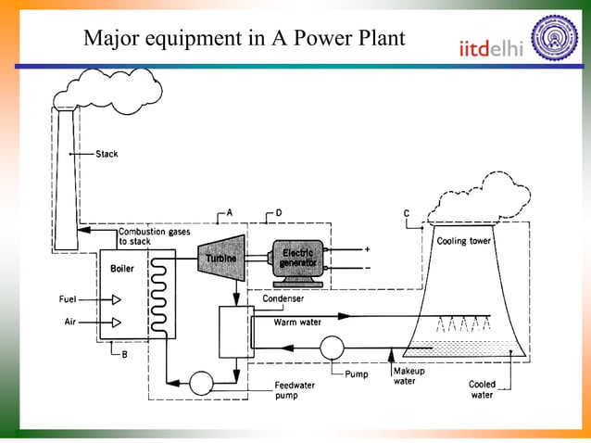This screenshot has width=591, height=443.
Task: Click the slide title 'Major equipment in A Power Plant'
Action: (x=244, y=39)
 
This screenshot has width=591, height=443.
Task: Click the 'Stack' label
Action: (x=107, y=154)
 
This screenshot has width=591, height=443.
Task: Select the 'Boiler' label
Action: (x=122, y=269)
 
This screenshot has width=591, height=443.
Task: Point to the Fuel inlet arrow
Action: (x=117, y=299)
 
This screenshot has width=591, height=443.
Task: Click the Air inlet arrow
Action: (x=117, y=323)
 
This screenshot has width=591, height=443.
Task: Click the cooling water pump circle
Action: (x=331, y=348)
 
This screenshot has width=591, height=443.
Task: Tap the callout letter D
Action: (x=279, y=213)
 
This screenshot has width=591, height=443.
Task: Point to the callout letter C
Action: (x=407, y=214)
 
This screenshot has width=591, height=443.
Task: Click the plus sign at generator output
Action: (x=367, y=249)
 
